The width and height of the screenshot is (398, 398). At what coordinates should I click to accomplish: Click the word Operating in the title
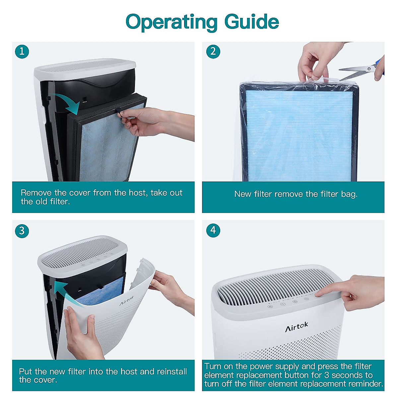click(171, 22)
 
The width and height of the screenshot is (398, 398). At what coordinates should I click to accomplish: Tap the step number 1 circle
click(22, 51)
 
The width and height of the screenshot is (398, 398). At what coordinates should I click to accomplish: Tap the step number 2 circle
click(213, 51)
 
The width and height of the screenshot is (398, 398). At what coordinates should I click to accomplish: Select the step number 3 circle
click(22, 231)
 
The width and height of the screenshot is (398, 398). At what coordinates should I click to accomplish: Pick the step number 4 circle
click(213, 230)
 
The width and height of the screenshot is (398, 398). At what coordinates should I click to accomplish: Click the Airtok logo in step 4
click(297, 327)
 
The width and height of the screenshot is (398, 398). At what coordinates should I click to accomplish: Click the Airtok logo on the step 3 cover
click(126, 300)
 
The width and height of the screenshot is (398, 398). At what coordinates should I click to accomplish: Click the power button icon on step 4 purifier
click(296, 301)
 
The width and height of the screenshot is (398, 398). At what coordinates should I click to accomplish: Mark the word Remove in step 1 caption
click(36, 193)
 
